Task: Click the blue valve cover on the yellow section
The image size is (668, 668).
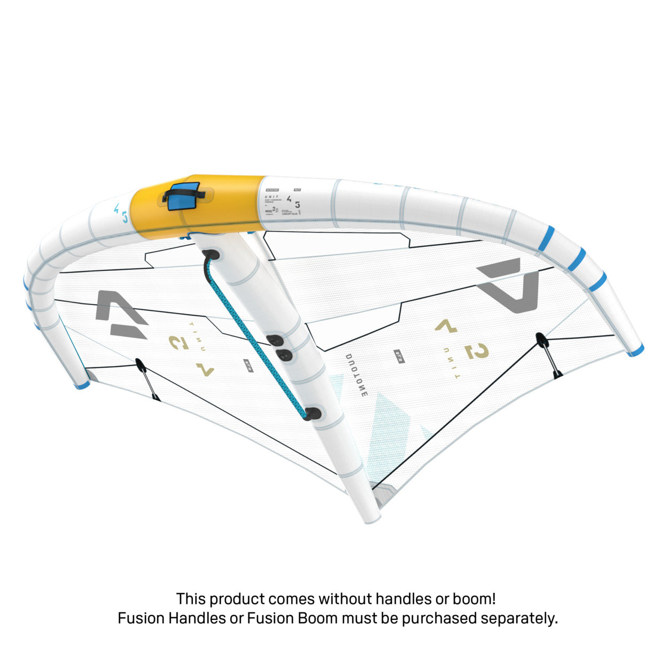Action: click(x=183, y=196)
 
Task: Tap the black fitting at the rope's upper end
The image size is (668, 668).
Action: click(x=212, y=254)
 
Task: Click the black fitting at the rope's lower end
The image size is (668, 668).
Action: click(x=313, y=413)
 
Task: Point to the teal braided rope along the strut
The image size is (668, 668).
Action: click(x=257, y=337)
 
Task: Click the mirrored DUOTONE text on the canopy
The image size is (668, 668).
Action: click(x=356, y=375)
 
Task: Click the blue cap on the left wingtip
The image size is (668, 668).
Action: click(x=81, y=385)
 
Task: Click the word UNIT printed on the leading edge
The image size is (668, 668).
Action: click(x=271, y=197)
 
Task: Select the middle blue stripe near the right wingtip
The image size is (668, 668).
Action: click(x=576, y=259)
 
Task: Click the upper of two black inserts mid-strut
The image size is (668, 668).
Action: click(x=276, y=340)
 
